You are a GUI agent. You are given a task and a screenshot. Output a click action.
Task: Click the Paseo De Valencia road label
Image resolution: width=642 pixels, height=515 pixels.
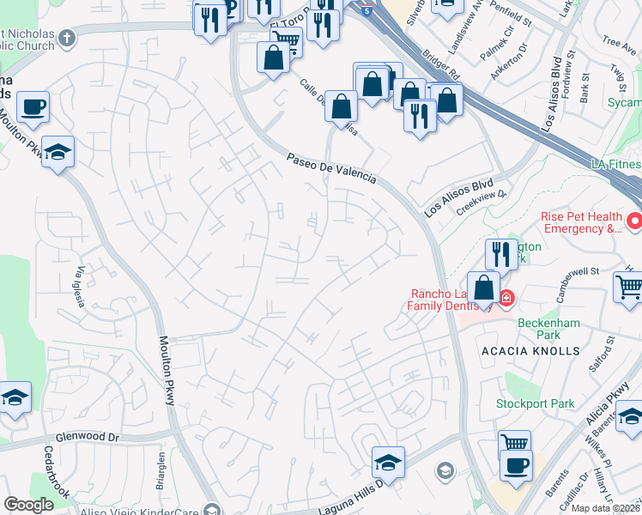coord(331,167)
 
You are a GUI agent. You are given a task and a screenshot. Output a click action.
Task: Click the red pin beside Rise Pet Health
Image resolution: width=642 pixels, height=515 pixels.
coord(634,221)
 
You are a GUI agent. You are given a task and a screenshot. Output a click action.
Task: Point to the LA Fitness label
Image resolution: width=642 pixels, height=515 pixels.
coord(615,164)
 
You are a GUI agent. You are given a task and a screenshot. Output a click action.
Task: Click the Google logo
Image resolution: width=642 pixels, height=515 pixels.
coord(29,505)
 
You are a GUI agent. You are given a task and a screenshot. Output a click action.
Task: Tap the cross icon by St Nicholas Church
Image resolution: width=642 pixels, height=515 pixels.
coord(66,38)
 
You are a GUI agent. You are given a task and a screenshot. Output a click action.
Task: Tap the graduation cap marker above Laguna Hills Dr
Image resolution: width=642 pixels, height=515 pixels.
coord(388,463)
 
